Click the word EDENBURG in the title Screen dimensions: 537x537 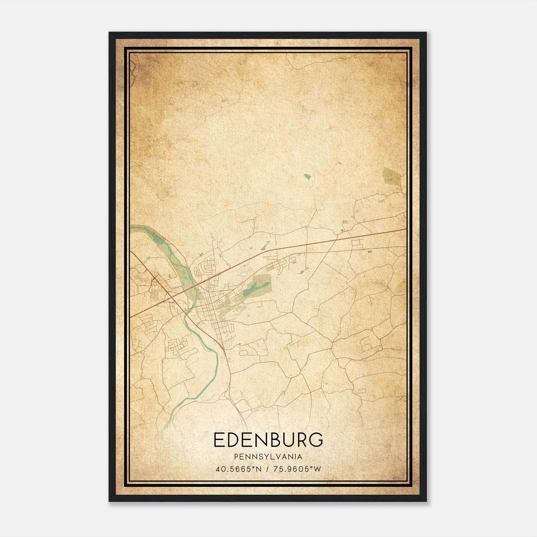coord(268,440)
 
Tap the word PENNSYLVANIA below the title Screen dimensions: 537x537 coord(268,457)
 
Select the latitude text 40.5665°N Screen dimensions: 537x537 coord(239,469)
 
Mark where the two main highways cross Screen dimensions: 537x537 coord(170,296)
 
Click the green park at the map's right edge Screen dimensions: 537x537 coord(392,177)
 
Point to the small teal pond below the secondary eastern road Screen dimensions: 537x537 coord(370,251)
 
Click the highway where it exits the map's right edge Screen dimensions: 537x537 coord(404,229)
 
